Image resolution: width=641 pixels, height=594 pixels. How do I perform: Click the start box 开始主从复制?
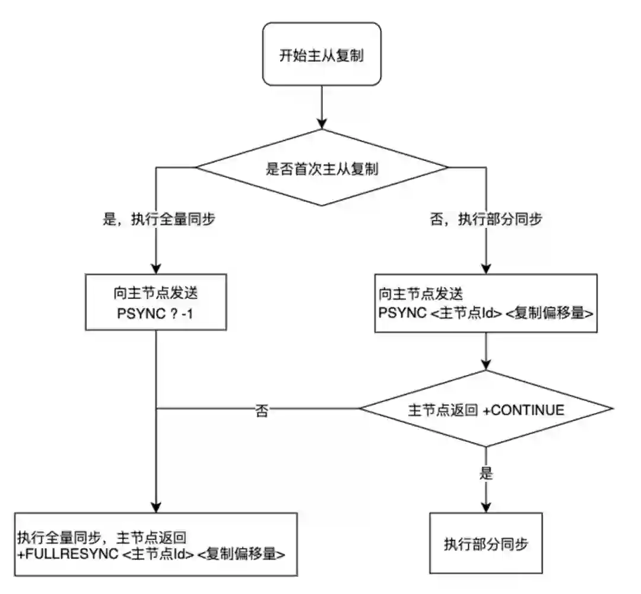321,55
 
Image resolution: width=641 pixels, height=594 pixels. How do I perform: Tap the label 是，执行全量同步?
159,220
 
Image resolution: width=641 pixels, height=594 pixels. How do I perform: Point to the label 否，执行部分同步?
485,220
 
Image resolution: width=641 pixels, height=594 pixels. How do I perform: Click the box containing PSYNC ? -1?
156,301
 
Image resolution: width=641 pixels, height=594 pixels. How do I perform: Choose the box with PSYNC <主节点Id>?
486,303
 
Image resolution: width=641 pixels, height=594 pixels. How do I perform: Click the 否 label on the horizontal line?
261,410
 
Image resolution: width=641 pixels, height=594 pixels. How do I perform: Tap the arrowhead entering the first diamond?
321,124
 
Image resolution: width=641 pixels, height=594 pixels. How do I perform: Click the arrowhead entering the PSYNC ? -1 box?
156,268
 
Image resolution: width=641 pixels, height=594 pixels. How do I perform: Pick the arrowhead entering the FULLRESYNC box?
156,508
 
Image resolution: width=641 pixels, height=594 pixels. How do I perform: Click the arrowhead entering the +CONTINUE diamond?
486,365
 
